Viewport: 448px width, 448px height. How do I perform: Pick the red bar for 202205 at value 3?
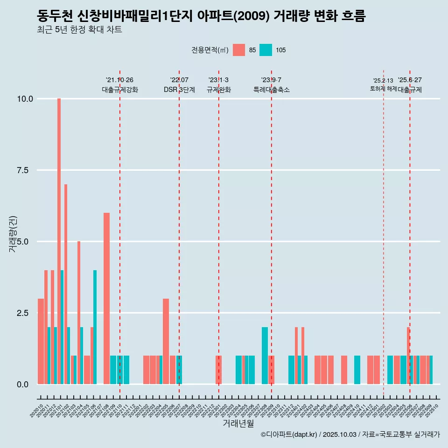pos(166,341)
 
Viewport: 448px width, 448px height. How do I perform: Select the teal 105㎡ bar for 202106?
pos(95,327)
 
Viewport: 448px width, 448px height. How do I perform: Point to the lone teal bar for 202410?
pos(357,370)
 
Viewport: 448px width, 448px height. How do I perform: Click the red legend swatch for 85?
pos(239,50)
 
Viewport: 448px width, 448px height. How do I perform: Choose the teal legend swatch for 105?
pos(266,50)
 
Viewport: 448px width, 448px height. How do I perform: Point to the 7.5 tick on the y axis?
pos(22,170)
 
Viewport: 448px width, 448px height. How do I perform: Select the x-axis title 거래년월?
pos(238,423)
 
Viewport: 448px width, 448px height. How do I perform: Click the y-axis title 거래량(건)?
pos(13,233)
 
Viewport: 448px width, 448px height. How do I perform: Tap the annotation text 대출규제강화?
pos(120,90)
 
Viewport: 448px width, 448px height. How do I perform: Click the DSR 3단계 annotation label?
pos(179,90)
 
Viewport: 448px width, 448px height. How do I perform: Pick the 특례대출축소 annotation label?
pos(272,90)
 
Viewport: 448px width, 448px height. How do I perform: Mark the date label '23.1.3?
pos(218,80)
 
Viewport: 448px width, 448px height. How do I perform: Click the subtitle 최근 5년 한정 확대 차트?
pos(79,30)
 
